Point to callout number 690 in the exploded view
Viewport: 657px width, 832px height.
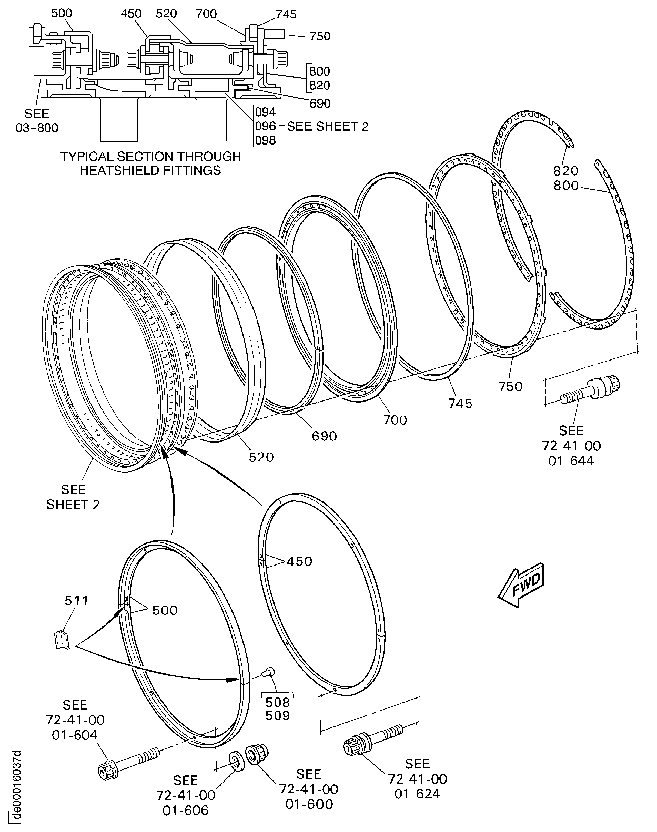coord(324,436)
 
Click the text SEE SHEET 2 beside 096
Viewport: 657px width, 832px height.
coord(328,127)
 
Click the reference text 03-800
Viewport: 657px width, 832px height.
coord(37,128)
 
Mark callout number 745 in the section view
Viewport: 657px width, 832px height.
coord(286,14)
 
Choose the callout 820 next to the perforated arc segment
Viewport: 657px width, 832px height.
coord(566,171)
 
